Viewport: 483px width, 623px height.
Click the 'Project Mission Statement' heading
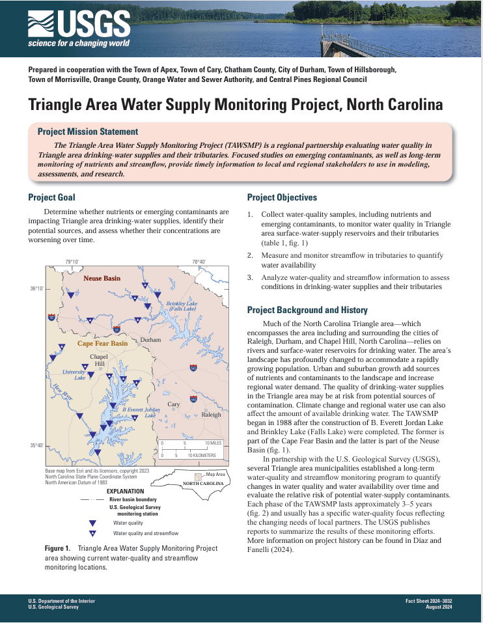coord(88,132)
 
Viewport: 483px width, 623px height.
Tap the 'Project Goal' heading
coord(51,197)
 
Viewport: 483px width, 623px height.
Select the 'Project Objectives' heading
coord(282,197)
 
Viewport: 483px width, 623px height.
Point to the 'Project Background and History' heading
coord(307,310)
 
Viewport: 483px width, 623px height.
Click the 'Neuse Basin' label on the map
coord(102,278)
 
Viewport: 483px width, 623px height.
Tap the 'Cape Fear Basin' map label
coord(102,343)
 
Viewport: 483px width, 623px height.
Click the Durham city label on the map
coord(150,340)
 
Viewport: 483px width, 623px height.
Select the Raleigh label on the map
coord(211,414)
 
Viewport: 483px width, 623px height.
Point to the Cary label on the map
coord(174,404)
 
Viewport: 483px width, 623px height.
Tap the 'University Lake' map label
coord(74,374)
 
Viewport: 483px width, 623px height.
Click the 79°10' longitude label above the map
coord(72,262)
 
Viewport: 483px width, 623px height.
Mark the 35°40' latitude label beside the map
coord(36,445)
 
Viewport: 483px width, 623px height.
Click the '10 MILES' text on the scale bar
coord(214,443)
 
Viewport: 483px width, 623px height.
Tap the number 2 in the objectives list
coord(249,255)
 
